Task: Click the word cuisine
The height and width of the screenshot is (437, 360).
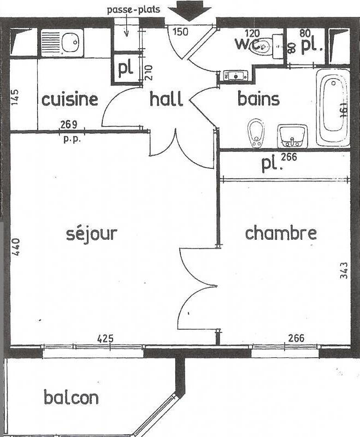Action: (70, 99)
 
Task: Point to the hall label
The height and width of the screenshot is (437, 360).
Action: (166, 99)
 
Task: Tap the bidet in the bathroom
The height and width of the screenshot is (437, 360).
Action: (255, 132)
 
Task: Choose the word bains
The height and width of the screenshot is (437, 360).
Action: (258, 99)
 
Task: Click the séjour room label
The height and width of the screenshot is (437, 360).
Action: (91, 233)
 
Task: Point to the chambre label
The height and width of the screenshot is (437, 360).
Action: (280, 233)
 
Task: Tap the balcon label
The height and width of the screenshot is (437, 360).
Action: (71, 397)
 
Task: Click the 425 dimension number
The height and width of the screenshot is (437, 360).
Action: (105, 339)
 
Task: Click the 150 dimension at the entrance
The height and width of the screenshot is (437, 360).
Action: (180, 32)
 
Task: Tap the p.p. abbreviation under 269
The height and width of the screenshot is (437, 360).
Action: (72, 139)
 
